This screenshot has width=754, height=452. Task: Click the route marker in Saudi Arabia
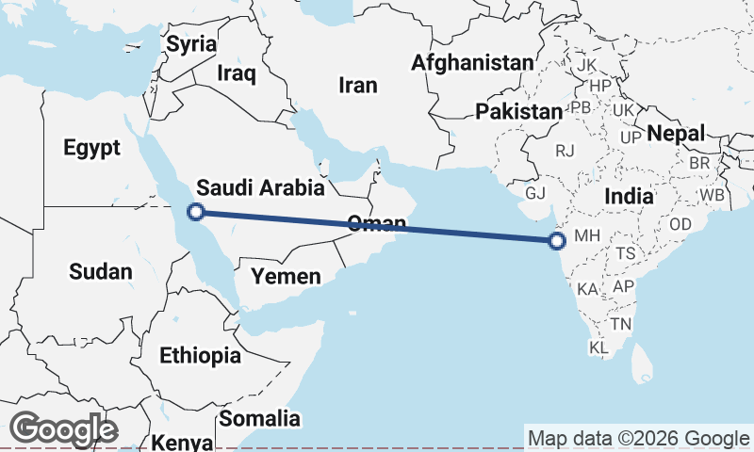click(x=195, y=212)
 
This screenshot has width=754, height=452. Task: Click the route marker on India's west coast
click(x=557, y=241)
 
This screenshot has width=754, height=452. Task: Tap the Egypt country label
click(x=91, y=148)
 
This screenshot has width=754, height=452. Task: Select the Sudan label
click(x=101, y=272)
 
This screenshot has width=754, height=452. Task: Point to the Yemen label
click(x=286, y=277)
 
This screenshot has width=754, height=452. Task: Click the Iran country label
click(x=358, y=86)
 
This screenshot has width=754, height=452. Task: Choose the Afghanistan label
click(x=472, y=63)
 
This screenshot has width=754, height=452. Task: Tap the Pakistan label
click(x=518, y=112)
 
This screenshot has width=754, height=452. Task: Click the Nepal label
click(x=677, y=134)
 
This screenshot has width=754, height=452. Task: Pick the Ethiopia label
click(x=200, y=356)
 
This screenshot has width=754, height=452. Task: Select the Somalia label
click(x=259, y=418)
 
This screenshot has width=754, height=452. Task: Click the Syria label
click(x=191, y=44)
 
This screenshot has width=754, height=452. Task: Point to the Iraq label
click(x=236, y=73)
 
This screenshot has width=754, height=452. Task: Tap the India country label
click(x=629, y=197)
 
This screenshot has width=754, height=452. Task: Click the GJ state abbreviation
click(x=535, y=193)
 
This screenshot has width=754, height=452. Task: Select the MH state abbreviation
click(x=586, y=235)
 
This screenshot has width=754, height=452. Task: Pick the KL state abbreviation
click(x=598, y=348)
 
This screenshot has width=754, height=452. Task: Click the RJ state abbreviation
click(x=565, y=150)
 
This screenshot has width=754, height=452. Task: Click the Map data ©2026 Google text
click(x=638, y=438)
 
